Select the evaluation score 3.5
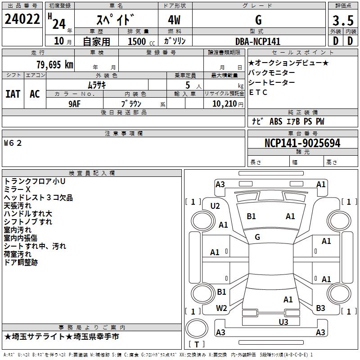(x=342, y=21)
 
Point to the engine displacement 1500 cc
(x=137, y=41)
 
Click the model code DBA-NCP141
(x=258, y=41)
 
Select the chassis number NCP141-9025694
(x=302, y=143)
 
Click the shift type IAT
(x=13, y=94)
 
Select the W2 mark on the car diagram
(x=221, y=308)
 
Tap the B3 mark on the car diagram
(x=320, y=308)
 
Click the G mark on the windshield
(x=257, y=237)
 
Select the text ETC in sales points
(x=258, y=92)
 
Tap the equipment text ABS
(x=275, y=121)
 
